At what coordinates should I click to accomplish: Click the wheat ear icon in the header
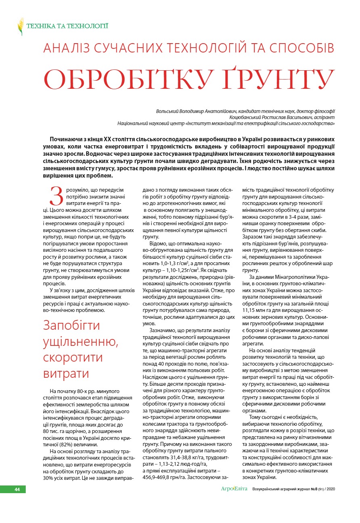21,27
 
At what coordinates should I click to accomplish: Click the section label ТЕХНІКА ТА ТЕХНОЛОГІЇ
67,27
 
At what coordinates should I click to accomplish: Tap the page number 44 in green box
17,490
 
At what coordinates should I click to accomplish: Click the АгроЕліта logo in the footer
234,489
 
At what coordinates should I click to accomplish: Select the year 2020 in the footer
330,490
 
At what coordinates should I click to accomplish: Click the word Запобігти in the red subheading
71,325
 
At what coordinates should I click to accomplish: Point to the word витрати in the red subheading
66,374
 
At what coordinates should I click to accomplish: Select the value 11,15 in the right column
250,310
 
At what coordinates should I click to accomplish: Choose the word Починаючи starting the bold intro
66,140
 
